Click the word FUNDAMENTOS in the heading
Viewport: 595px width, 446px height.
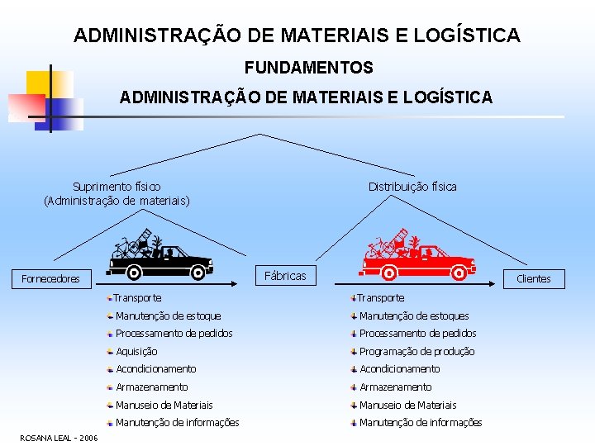pos(308,67)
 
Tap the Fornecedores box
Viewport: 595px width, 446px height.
pos(50,278)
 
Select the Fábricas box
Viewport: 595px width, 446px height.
pos(284,276)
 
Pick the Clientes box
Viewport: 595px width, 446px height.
pos(533,278)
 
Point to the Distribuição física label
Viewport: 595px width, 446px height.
pos(412,187)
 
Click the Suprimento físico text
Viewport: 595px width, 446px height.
pos(117,187)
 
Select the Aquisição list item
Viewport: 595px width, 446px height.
pos(136,351)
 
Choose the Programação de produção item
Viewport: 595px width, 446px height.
pos(416,351)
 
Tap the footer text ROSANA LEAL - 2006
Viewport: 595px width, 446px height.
pos(58,438)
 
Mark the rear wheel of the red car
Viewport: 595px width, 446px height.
pos(388,272)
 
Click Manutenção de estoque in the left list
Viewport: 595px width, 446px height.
pos(168,316)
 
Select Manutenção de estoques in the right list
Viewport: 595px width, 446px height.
pos(413,316)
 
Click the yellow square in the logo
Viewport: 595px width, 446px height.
pos(40,83)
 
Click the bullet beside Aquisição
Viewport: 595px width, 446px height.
pos(110,351)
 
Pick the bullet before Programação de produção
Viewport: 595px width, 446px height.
pos(353,351)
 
